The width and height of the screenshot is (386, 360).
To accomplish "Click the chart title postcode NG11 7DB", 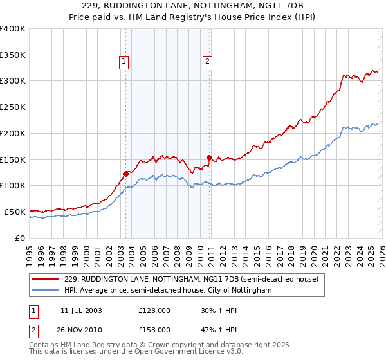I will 286,6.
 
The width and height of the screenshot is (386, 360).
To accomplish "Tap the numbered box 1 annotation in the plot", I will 124,62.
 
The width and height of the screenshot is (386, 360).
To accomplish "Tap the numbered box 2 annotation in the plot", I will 208,62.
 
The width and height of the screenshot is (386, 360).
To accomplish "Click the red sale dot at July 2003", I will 126,173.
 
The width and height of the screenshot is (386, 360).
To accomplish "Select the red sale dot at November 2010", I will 209,157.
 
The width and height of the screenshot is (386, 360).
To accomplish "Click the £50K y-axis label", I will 15,212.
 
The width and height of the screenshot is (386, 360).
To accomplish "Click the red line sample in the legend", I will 46,280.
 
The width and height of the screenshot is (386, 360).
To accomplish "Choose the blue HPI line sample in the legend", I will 46,291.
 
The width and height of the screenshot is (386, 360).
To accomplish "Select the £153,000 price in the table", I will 154,329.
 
